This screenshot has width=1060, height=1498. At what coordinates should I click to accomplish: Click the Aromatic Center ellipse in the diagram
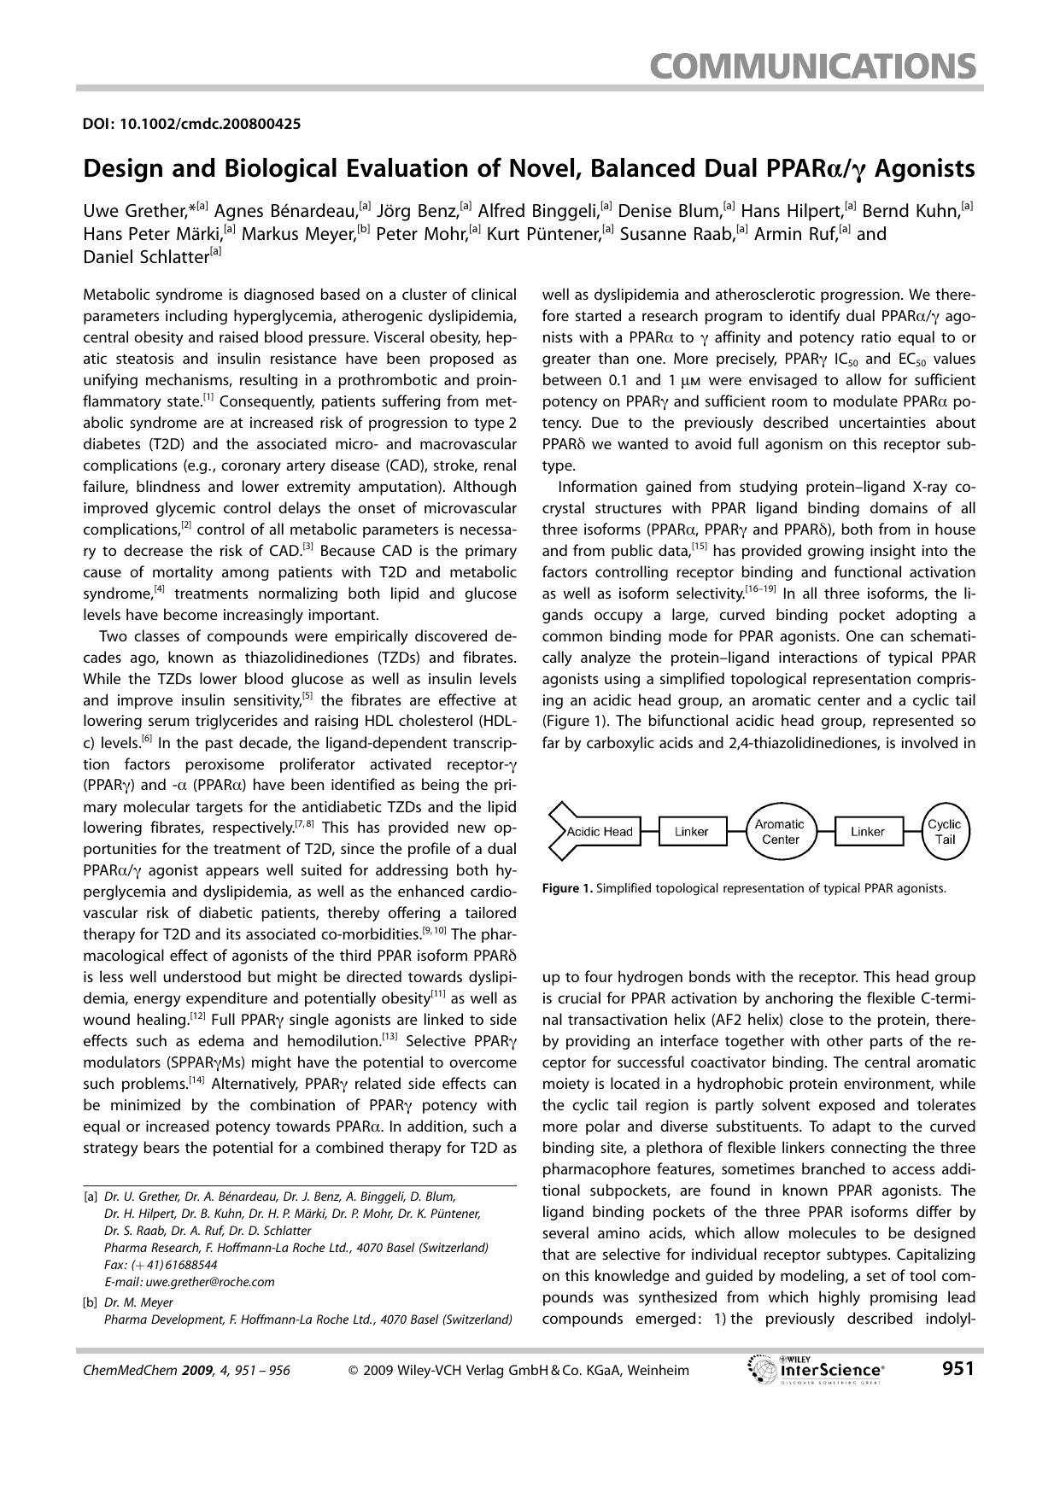click(x=779, y=831)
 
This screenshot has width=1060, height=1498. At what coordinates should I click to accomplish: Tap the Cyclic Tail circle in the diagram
click(x=944, y=831)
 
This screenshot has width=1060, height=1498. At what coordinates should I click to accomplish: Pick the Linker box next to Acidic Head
click(x=692, y=832)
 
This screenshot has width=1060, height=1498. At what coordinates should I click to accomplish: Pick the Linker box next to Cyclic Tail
click(x=867, y=832)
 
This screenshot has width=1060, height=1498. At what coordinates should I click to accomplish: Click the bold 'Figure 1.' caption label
click(x=567, y=888)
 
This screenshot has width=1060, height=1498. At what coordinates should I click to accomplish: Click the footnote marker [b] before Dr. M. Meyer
click(x=91, y=1302)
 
